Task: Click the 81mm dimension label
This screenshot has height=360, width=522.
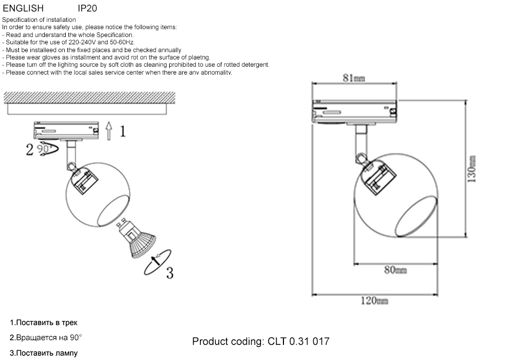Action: [x=353, y=78]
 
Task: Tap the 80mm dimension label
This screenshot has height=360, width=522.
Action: [x=395, y=270]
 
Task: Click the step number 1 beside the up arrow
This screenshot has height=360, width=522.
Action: [x=122, y=131]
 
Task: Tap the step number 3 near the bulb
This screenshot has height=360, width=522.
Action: [x=169, y=272]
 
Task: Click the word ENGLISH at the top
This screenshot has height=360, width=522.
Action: [x=23, y=8]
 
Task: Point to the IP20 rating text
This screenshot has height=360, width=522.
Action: [x=87, y=8]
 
